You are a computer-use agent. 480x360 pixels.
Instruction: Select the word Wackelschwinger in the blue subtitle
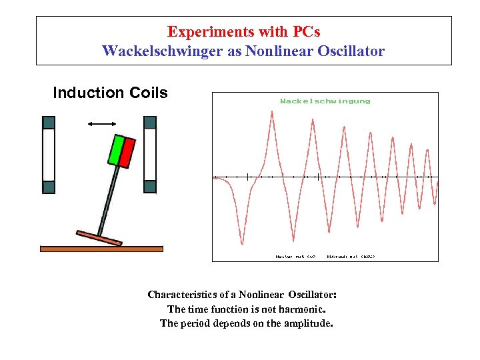point(157,51)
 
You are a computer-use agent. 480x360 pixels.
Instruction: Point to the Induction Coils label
point(110,93)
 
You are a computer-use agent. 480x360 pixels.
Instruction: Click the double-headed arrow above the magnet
point(102,123)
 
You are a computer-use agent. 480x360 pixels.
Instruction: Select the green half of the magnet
point(115,151)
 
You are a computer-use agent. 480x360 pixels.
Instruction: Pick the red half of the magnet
point(127,153)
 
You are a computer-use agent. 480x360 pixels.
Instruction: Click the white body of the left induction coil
point(49,155)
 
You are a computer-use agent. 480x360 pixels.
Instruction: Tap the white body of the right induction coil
point(150,155)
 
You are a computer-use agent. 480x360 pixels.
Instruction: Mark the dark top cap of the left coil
point(49,123)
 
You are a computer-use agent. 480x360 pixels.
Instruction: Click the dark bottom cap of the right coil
point(150,187)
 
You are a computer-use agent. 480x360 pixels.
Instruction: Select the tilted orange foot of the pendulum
point(99,238)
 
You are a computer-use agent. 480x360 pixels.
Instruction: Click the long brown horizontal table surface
point(101,249)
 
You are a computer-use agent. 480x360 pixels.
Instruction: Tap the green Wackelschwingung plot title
point(325,101)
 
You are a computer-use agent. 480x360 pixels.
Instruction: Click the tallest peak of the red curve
point(272,113)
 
